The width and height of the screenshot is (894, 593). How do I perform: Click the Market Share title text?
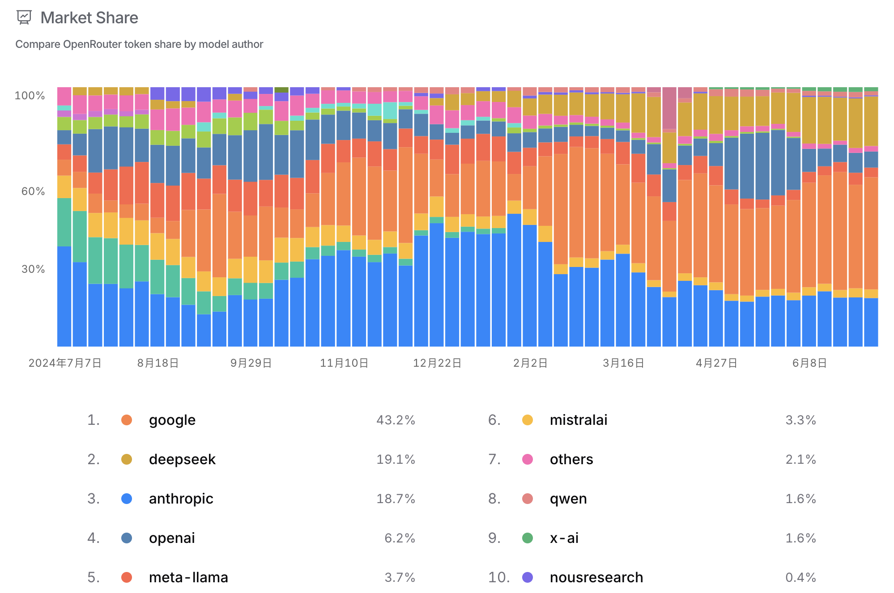[x=89, y=18]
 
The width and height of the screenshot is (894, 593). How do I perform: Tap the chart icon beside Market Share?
[x=24, y=17]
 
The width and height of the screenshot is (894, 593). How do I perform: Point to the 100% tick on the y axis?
[x=30, y=96]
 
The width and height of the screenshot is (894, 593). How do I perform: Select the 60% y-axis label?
[x=33, y=191]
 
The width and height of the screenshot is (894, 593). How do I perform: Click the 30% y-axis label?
[x=33, y=269]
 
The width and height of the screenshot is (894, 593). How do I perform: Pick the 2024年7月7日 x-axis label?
[x=65, y=363]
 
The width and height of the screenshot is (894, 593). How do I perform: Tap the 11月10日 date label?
[x=344, y=363]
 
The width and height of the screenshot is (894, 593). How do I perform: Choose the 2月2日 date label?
[x=530, y=363]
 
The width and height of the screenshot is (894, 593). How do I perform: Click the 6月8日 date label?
[x=809, y=363]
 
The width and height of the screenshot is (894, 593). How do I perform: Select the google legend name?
[x=172, y=420]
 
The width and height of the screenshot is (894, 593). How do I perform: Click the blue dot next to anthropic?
[x=127, y=499]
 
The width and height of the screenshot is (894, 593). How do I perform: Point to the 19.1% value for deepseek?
[x=396, y=460]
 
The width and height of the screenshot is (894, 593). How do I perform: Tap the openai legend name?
[x=172, y=538]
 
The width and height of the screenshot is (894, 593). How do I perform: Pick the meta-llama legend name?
[x=188, y=577]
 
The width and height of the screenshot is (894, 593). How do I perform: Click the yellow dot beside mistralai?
[x=528, y=420]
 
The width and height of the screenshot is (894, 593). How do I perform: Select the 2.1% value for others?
[x=800, y=460]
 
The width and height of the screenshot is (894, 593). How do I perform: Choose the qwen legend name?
[x=568, y=499]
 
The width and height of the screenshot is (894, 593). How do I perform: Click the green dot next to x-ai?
[x=528, y=538]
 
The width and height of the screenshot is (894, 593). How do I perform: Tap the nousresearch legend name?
[x=596, y=577]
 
